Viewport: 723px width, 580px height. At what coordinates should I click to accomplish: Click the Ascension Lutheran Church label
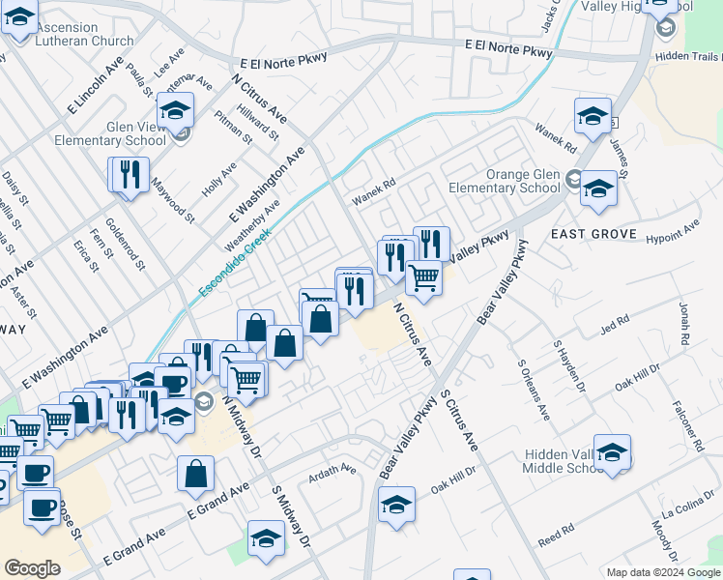(83, 35)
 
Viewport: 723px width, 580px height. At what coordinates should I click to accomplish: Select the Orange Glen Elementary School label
(509, 181)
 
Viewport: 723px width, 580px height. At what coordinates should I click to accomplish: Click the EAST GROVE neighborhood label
(593, 234)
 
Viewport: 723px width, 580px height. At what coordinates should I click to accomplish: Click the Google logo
(32, 568)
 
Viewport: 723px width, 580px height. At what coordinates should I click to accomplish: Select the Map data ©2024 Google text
(663, 572)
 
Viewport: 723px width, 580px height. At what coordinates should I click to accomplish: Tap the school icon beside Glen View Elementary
(176, 112)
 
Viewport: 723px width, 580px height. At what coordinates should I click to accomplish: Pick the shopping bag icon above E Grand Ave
(195, 474)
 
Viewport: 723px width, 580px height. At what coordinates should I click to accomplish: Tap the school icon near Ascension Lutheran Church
(19, 18)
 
